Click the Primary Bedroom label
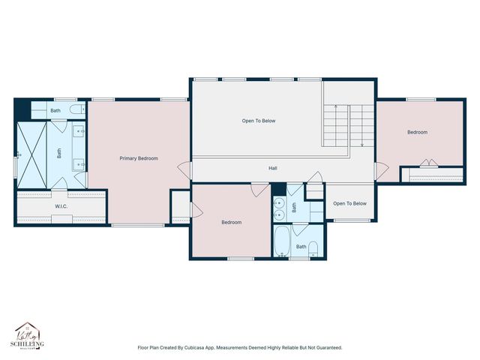click(x=139, y=158)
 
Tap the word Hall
click(x=273, y=168)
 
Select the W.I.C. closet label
click(x=61, y=205)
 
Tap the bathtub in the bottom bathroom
click(x=282, y=242)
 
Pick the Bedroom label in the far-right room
click(x=417, y=132)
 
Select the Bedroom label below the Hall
click(x=231, y=222)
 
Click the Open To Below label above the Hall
click(x=258, y=120)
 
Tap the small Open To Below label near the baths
click(x=349, y=203)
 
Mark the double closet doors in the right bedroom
click(x=428, y=163)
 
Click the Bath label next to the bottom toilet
click(x=301, y=246)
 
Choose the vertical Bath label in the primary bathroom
click(x=59, y=152)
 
